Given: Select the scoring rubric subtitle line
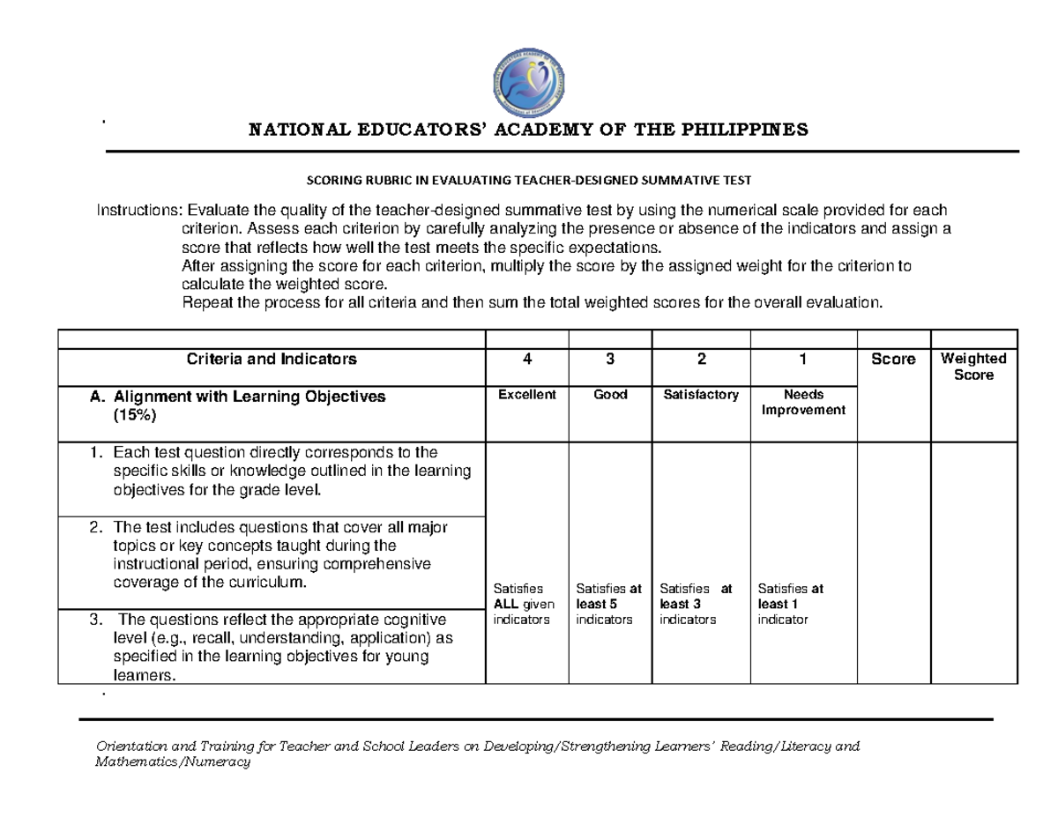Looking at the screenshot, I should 528,181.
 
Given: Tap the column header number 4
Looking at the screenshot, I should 526,360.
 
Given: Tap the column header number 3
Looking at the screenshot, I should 609,360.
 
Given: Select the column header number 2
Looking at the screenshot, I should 700,360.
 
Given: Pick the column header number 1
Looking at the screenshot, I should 802,360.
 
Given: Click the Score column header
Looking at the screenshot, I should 893,360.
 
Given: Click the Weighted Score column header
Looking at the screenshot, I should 974,367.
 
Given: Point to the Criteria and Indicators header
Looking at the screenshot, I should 272,360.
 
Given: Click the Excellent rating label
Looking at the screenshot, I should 526,395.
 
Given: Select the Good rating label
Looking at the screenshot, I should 609,395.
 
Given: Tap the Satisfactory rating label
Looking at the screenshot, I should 700,395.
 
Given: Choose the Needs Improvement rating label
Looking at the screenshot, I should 802,403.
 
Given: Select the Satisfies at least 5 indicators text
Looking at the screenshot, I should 608,604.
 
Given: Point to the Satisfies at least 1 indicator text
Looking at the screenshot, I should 790,604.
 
